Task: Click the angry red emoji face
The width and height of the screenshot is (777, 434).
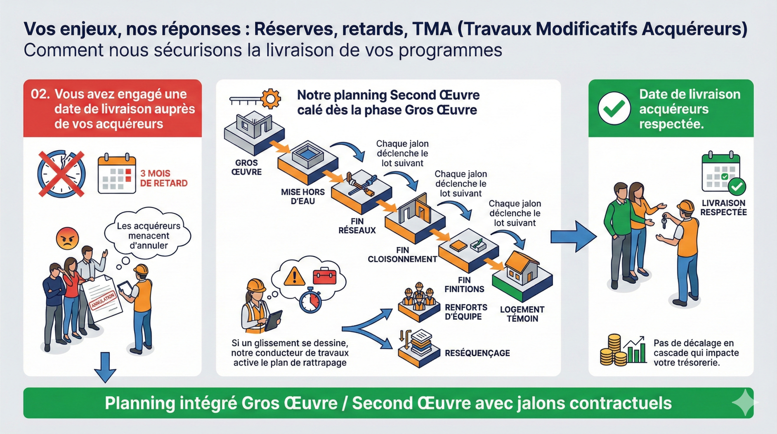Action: (x=68, y=239)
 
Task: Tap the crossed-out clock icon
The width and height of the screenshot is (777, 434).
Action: (x=61, y=174)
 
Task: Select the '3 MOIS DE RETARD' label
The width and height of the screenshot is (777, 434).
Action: (x=163, y=178)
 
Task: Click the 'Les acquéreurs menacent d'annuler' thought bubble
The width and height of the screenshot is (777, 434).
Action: (x=148, y=236)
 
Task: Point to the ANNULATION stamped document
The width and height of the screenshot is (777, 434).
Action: (x=102, y=297)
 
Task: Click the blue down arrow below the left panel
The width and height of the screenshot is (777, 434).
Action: (x=105, y=367)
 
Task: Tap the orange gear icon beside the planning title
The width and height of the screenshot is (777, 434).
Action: (x=270, y=99)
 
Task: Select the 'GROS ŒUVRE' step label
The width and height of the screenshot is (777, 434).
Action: (x=246, y=167)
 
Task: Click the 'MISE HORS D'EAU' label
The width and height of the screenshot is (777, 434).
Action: (x=303, y=196)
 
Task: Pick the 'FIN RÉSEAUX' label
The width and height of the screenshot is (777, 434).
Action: (x=357, y=226)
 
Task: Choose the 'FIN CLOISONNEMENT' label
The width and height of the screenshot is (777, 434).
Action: (x=402, y=255)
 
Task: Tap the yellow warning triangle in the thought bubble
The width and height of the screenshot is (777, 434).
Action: (x=294, y=277)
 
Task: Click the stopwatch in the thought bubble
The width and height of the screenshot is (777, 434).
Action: (x=310, y=300)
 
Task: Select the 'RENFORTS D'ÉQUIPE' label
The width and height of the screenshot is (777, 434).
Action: (x=466, y=312)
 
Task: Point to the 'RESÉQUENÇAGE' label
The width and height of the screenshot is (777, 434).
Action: (x=477, y=353)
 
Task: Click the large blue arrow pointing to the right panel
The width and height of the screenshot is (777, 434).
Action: (x=573, y=237)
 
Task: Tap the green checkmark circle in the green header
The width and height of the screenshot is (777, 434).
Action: (x=614, y=108)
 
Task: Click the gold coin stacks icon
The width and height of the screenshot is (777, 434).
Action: (x=613, y=350)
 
